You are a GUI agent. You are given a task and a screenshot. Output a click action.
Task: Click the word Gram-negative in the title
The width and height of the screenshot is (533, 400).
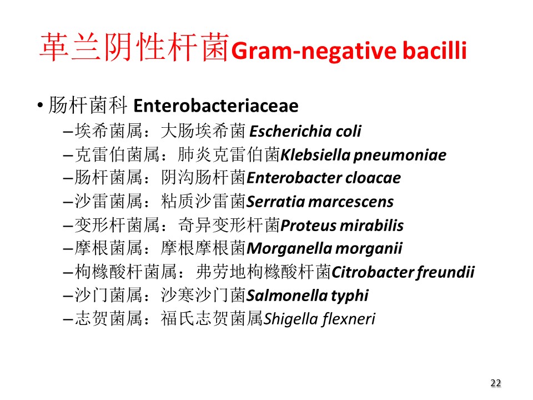[x=314, y=51]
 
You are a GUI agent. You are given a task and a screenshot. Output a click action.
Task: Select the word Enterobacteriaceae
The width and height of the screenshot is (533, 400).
[x=216, y=106]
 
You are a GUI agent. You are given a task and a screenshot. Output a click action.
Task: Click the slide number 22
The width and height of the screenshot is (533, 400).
[x=496, y=383]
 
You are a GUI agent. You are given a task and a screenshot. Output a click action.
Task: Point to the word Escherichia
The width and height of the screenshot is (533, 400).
[x=290, y=131]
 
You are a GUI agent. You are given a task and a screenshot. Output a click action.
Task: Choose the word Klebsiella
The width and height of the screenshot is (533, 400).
[x=315, y=155]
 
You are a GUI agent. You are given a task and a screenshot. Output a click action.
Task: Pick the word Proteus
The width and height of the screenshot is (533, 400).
[x=308, y=226]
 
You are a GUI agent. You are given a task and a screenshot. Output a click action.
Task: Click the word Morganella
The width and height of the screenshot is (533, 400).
[x=290, y=249]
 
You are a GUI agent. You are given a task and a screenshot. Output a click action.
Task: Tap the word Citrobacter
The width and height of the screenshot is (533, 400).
[x=372, y=272]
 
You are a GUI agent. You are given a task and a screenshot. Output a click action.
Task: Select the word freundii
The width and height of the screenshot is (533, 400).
[x=445, y=273]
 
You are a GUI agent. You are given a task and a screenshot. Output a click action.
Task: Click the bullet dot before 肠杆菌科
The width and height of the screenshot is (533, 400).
[x=41, y=105]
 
